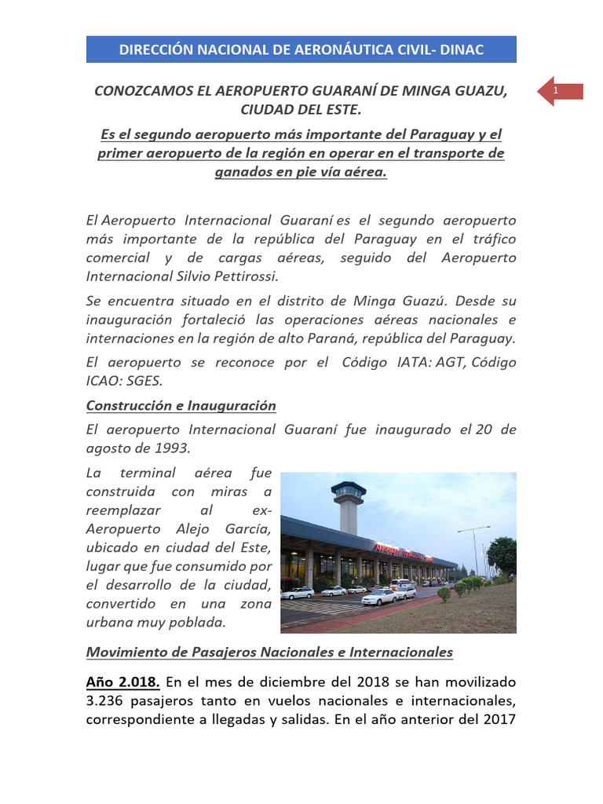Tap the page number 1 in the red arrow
pyautogui.click(x=555, y=93)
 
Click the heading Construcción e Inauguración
pyautogui.click(x=181, y=406)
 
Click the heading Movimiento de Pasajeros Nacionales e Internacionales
pyautogui.click(x=269, y=652)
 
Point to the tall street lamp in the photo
pyautogui.click(x=473, y=550)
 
